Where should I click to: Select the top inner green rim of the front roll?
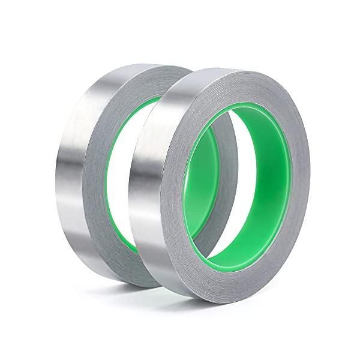pyautogui.click(x=240, y=108)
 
